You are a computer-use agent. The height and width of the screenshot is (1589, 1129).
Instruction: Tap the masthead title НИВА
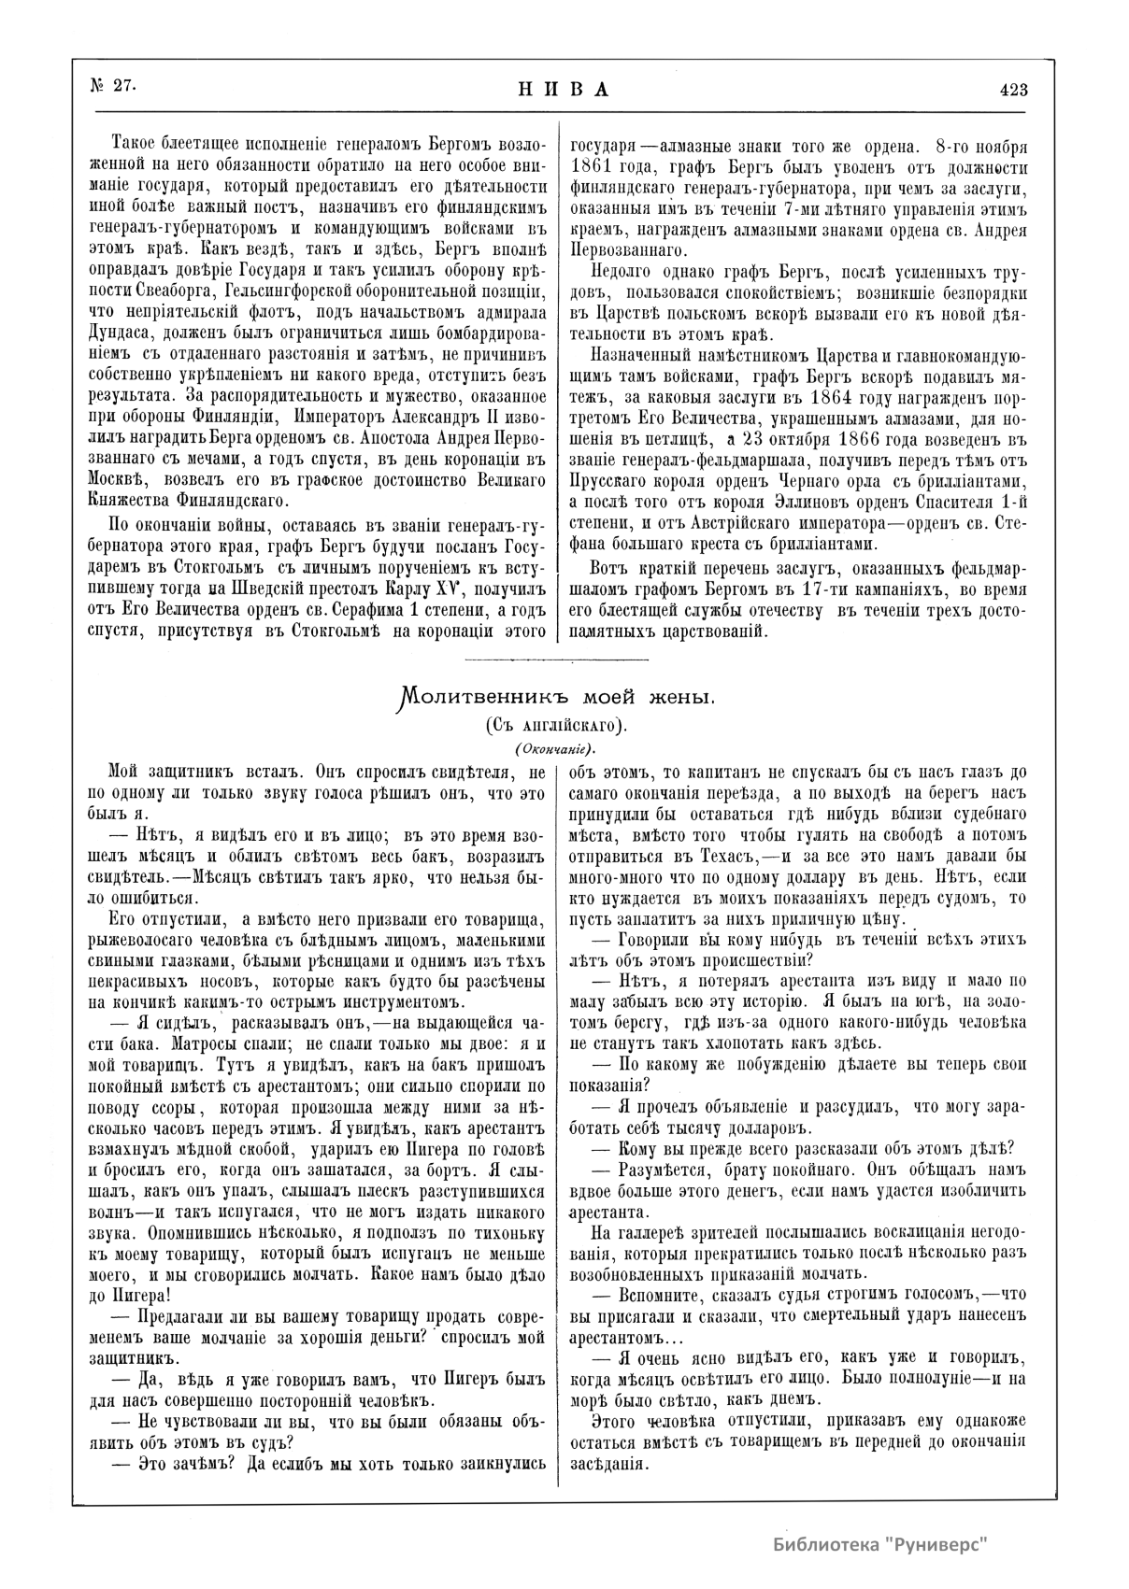[564, 90]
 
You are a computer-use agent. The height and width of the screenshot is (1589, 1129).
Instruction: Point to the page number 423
[1013, 90]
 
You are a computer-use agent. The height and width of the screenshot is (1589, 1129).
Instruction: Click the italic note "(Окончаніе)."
[554, 749]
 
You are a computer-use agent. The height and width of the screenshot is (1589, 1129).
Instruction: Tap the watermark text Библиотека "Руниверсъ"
[880, 1542]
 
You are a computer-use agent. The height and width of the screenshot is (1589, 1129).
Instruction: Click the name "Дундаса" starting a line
[123, 332]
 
